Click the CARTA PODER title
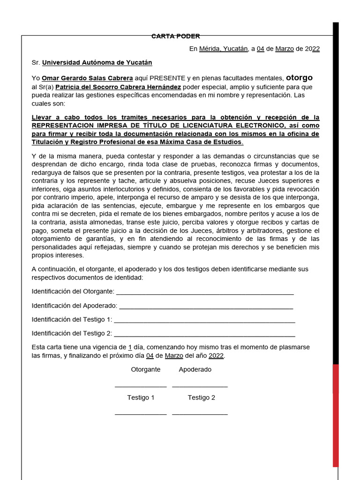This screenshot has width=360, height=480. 176,36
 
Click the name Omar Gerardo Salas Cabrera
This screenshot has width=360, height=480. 87,78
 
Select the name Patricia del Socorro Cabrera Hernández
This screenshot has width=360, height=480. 118,87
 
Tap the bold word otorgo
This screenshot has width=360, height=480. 299,77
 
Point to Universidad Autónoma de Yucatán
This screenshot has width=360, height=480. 97,62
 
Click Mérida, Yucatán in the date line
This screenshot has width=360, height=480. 223,49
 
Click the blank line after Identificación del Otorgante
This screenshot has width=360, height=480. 205,292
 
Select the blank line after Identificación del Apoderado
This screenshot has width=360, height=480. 206,307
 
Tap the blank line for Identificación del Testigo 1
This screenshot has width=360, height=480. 204,321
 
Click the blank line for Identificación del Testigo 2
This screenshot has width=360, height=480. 204,335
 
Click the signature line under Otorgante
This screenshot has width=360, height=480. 141,386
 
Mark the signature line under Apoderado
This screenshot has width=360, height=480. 200,386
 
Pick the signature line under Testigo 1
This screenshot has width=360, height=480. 141,414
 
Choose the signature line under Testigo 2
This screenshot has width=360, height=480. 200,414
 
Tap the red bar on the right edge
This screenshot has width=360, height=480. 336,415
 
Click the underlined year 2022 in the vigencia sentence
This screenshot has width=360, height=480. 216,356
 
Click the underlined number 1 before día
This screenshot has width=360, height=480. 130,347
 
